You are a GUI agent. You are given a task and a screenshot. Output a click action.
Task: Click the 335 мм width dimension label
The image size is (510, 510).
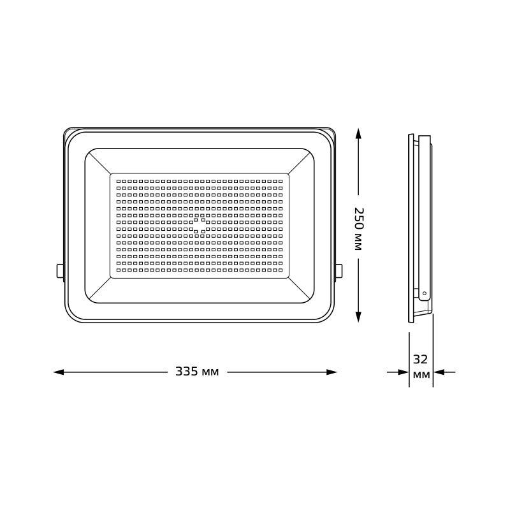(197, 372)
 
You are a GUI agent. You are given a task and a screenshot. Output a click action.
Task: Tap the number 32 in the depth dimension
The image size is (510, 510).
(421, 359)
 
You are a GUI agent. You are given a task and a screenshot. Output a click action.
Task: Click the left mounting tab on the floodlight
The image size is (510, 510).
(61, 271)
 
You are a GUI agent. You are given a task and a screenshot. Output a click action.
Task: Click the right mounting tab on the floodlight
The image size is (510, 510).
(339, 271)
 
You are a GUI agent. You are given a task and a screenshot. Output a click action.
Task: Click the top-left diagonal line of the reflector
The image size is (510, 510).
(99, 162)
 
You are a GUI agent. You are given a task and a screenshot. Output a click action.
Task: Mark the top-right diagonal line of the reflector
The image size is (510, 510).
(300, 162)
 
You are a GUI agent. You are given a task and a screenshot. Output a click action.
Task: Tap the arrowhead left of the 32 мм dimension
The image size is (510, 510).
(402, 372)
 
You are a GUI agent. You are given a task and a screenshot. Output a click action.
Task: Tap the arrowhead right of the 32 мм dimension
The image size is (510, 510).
(439, 372)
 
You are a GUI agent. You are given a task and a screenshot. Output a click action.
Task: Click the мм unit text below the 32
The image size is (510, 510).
(421, 375)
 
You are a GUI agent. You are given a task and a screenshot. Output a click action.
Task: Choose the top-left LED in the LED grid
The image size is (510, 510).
(118, 181)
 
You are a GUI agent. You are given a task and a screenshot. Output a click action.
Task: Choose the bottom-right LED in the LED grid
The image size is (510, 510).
(280, 271)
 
